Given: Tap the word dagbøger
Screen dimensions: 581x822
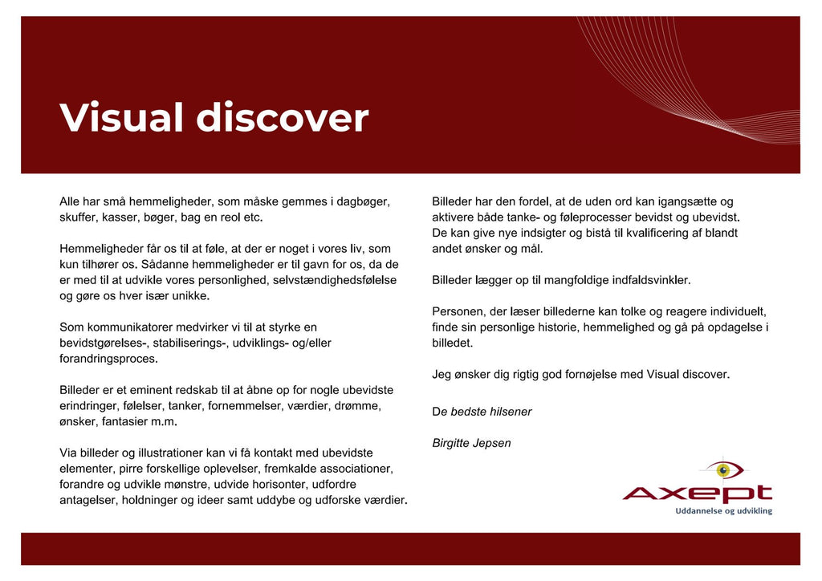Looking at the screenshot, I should pos(363,201).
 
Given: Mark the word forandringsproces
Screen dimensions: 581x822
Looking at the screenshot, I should pos(108,359).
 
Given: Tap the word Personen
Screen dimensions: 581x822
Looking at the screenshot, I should pos(458,311).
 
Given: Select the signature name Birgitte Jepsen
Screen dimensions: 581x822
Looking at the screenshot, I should pos(471,443).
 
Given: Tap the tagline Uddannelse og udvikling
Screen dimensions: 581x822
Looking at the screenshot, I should pos(723,510).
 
